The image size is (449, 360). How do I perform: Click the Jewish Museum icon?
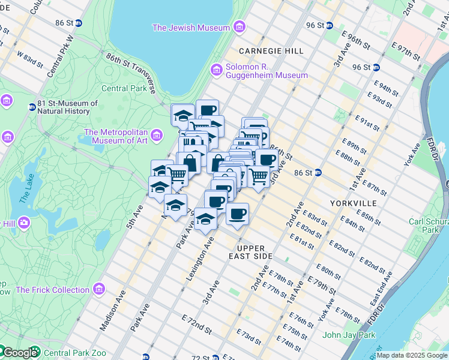point(240,28)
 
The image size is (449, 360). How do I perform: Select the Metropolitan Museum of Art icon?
point(157,135)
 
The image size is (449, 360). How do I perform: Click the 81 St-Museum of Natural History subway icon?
point(32,107)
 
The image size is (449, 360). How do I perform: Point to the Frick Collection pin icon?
point(99,290)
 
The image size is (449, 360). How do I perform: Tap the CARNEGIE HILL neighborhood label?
point(271,51)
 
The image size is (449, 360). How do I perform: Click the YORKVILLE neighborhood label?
point(352,203)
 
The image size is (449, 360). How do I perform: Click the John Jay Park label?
point(349,335)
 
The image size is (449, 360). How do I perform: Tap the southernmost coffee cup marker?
point(237,214)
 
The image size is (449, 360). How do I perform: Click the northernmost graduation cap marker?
point(183,115)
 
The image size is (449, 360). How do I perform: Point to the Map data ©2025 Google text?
point(411,355)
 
